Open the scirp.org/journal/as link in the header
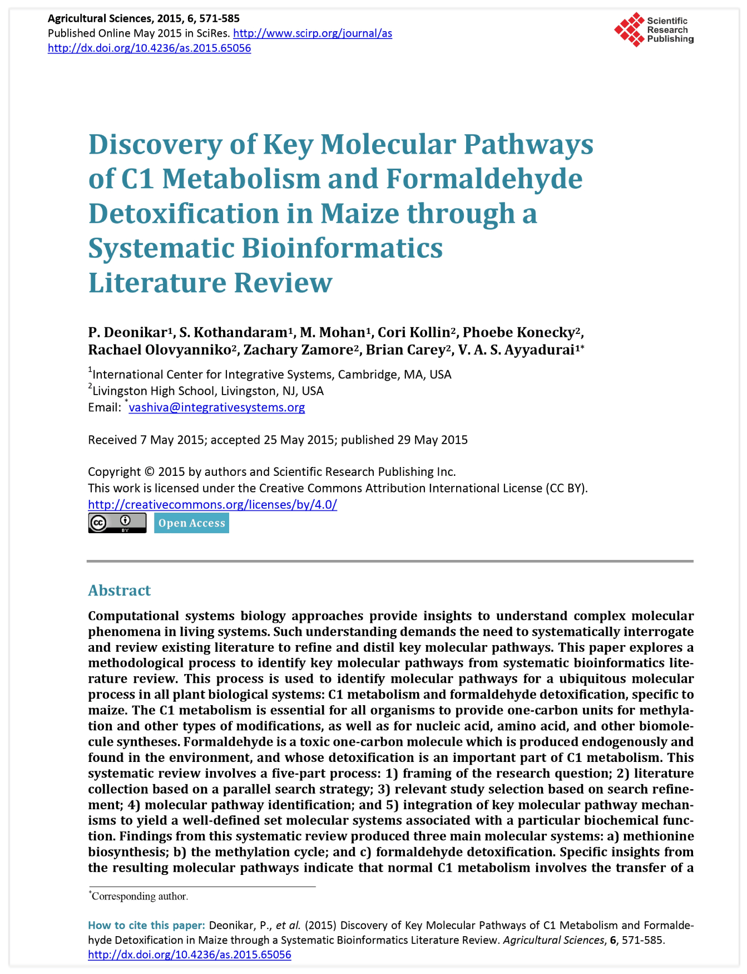click(313, 33)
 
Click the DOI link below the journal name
click(149, 48)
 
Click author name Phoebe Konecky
click(518, 332)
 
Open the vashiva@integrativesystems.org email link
click(216, 407)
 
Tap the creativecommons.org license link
click(212, 505)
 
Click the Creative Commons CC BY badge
click(117, 523)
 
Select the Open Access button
click(191, 523)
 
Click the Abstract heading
click(119, 590)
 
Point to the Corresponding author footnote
click(140, 896)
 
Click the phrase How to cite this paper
click(146, 925)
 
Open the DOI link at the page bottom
click(189, 955)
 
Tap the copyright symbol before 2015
click(149, 472)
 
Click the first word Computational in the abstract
click(133, 616)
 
